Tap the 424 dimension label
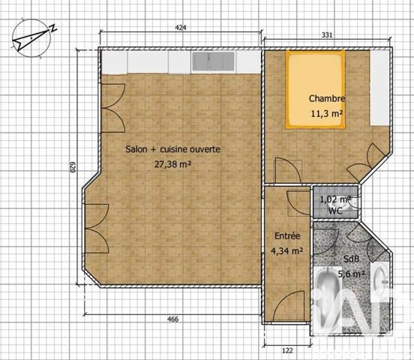coord(180,28)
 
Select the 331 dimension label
coord(326,34)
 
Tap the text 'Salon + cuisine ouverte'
coord(172,150)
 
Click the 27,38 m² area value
coord(172,163)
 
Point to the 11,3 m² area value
coord(327,114)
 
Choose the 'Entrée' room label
coord(286,236)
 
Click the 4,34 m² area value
coord(286,251)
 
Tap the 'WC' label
coord(330,212)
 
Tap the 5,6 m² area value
coord(351,274)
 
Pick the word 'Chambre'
coord(327,99)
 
